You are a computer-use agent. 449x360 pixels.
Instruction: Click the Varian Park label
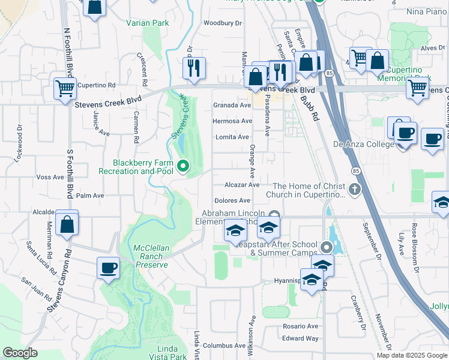[x=148, y=23]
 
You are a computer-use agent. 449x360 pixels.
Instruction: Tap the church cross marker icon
[x=355, y=190]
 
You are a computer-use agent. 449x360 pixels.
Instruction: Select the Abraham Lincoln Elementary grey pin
[x=274, y=215]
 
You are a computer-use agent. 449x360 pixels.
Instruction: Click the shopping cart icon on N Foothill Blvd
[x=65, y=89]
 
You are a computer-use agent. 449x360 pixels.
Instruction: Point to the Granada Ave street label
[x=232, y=105]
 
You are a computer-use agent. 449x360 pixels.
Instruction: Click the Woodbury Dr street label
[x=222, y=23]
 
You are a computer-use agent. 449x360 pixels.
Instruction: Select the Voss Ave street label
[x=50, y=177]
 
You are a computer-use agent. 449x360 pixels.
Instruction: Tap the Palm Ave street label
[x=90, y=196]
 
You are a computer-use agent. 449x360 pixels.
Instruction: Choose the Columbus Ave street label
[x=224, y=346]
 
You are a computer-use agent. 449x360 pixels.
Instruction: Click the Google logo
[x=20, y=353]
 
